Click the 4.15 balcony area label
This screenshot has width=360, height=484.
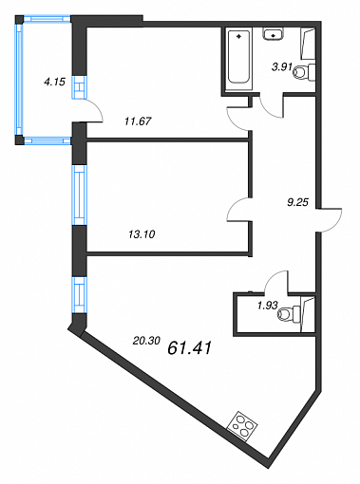54,82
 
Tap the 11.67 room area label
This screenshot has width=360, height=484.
138,121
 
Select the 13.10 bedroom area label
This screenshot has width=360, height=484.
142,234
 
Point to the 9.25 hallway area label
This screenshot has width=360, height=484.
297,202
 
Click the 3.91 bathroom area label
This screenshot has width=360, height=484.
281,66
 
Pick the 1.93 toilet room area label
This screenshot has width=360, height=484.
267,306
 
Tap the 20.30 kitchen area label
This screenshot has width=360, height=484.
146,341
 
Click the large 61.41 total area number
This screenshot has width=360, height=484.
189,348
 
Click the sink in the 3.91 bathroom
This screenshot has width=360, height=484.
273,34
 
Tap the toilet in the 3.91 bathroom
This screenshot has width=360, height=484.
304,72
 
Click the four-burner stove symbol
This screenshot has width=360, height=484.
242,425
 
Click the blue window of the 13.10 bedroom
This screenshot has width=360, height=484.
79,195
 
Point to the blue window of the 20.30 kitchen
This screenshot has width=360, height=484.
79,295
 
